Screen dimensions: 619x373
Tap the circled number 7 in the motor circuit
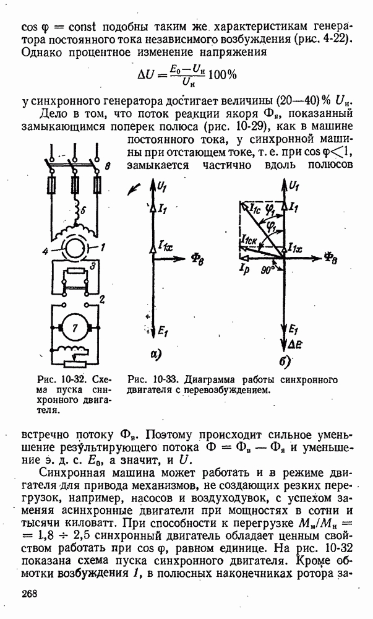[x=75, y=329]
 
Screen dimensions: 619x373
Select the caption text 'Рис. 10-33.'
[x=149, y=379]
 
